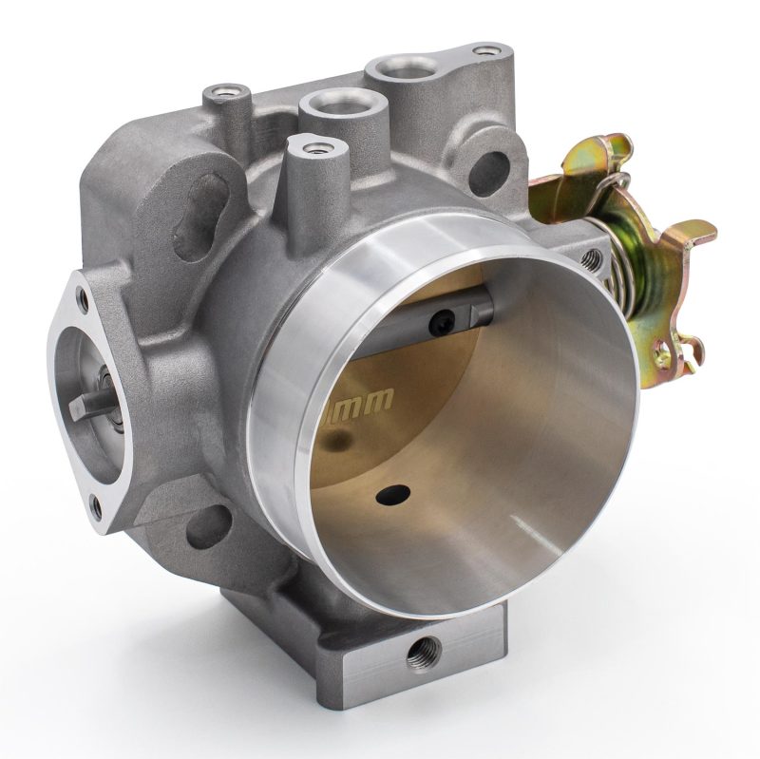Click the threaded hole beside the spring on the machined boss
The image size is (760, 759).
594,255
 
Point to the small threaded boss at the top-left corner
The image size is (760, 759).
224,93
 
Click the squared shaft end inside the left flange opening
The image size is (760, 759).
96,400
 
